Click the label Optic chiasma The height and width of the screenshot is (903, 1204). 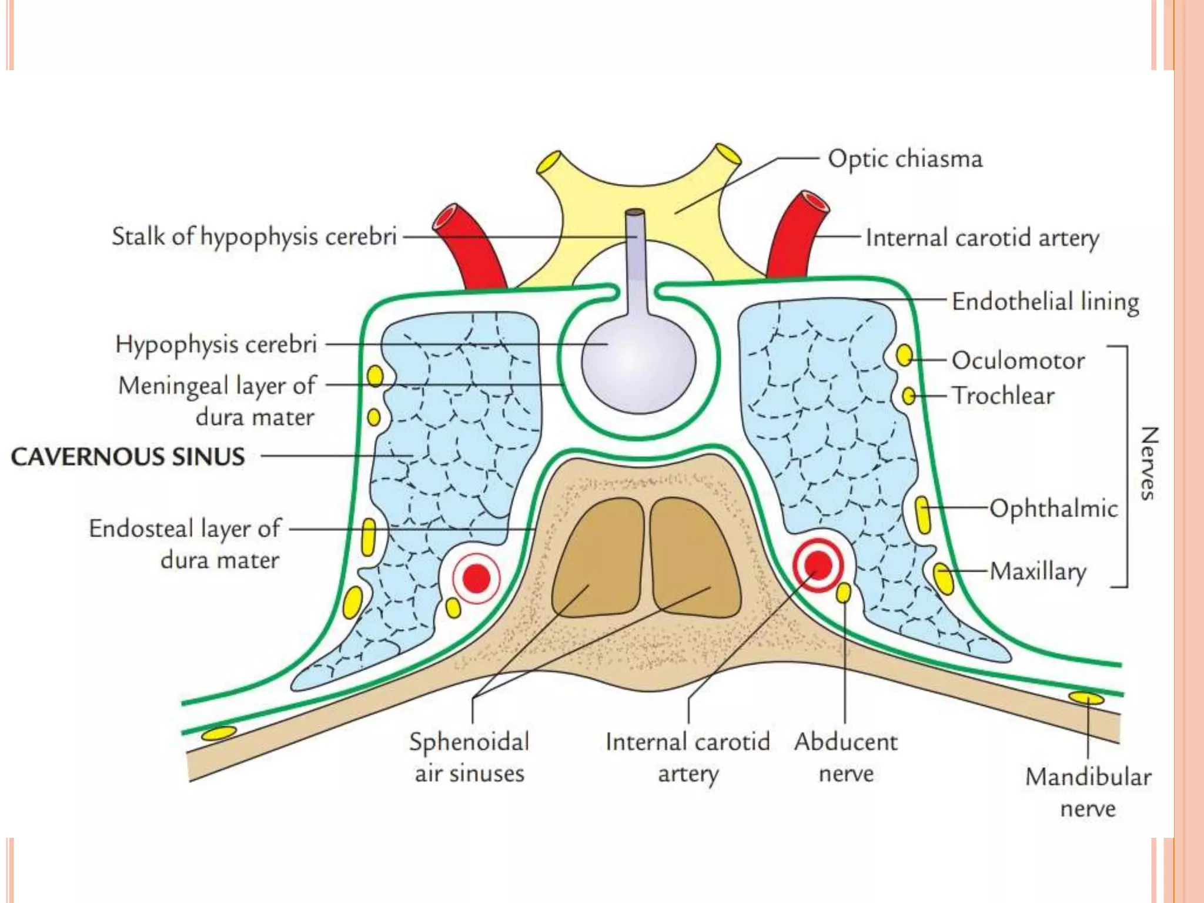[x=905, y=159]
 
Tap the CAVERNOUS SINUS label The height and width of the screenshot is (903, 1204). [x=128, y=457]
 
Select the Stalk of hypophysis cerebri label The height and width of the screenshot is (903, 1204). [x=254, y=236]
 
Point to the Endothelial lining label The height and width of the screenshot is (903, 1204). [x=1045, y=302]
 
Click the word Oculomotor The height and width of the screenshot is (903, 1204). [x=1018, y=360]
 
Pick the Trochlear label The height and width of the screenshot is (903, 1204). [x=1004, y=396]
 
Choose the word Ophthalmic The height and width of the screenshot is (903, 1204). [x=1053, y=509]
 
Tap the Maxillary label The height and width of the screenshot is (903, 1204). [x=1038, y=571]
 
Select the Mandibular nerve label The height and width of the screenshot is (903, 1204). [x=1088, y=792]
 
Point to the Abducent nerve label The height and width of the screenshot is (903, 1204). [x=846, y=757]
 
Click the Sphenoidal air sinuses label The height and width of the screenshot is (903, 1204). [x=469, y=757]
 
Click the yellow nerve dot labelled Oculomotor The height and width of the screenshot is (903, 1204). [x=904, y=355]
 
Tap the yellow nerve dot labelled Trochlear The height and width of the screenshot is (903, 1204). [x=908, y=396]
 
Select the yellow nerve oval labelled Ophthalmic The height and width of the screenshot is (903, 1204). [x=923, y=514]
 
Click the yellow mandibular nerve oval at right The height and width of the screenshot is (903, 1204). [x=1086, y=698]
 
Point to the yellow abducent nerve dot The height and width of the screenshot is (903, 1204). [x=843, y=593]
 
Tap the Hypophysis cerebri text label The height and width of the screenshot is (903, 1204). [x=216, y=344]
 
